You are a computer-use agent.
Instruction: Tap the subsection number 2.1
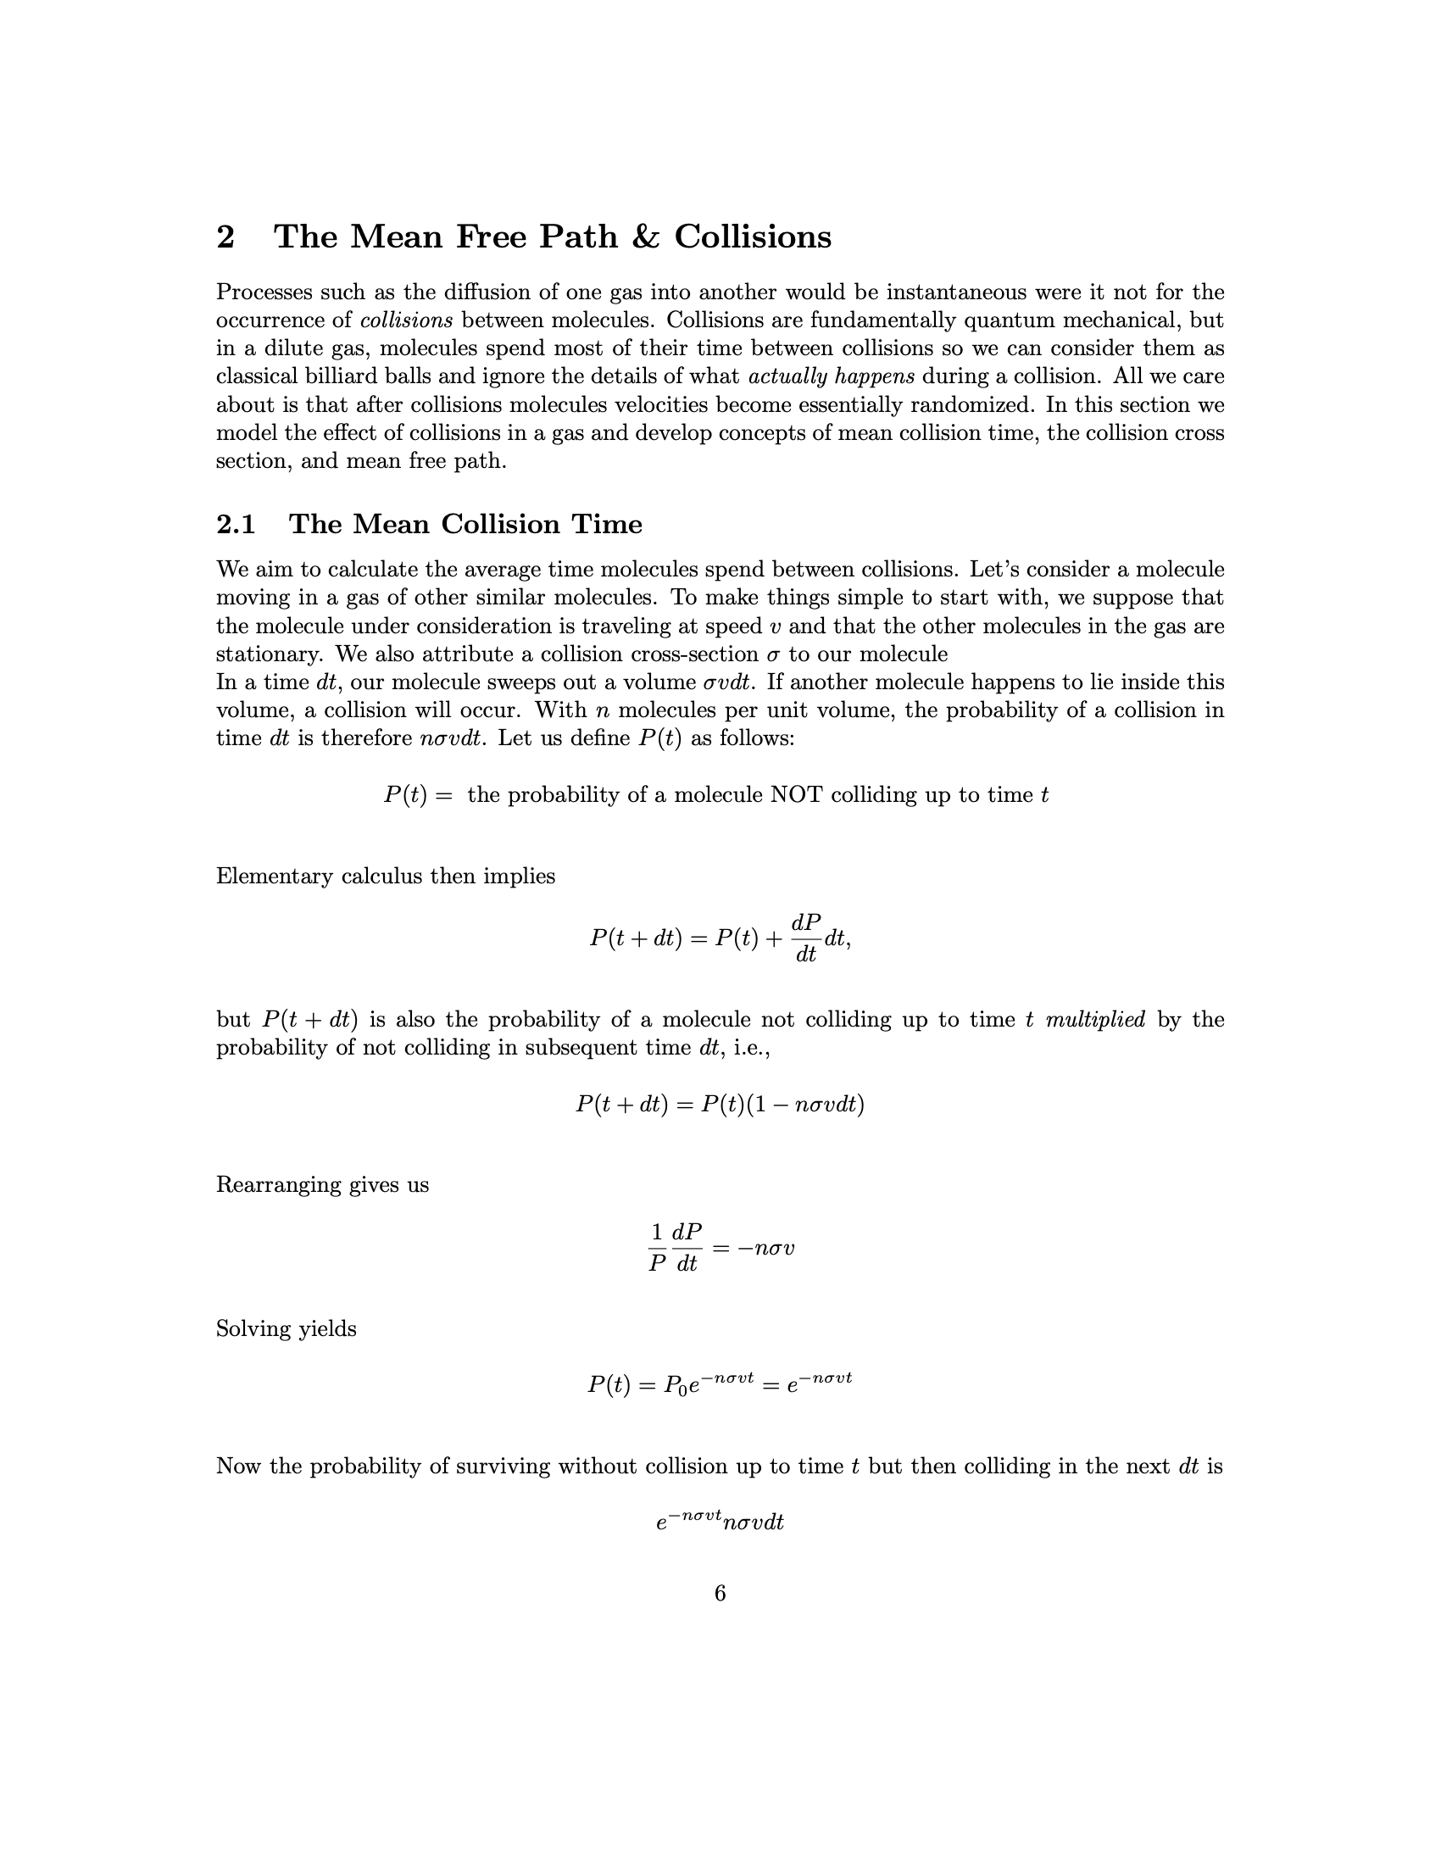pyautogui.click(x=236, y=523)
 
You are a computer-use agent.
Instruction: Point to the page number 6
pyautogui.click(x=720, y=1593)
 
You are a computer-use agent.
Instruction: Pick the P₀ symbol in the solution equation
pyautogui.click(x=676, y=1384)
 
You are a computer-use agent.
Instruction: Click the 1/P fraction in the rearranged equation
pyautogui.click(x=656, y=1248)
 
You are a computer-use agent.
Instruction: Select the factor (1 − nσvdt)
pyautogui.click(x=806, y=1105)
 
